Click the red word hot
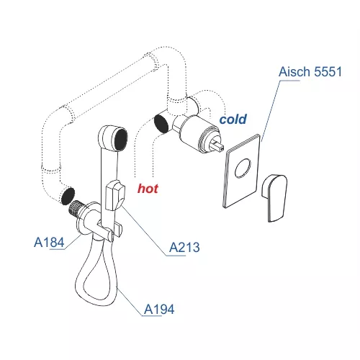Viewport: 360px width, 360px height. tap(148, 189)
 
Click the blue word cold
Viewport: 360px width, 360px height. tap(233, 120)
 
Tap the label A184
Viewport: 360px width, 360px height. tap(49, 242)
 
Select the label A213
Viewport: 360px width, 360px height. tap(184, 247)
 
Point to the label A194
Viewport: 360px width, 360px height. tap(159, 309)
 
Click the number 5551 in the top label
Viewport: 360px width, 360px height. tap(328, 71)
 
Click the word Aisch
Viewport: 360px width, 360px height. tap(294, 71)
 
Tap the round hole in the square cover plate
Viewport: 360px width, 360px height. tap(243, 168)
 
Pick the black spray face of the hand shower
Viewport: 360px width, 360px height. tap(121, 140)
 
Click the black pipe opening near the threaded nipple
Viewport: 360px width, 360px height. tap(68, 196)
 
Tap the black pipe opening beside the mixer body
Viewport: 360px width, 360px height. tap(161, 123)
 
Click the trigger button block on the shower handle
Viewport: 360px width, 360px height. tap(114, 196)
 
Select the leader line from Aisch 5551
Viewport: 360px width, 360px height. tap(271, 111)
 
